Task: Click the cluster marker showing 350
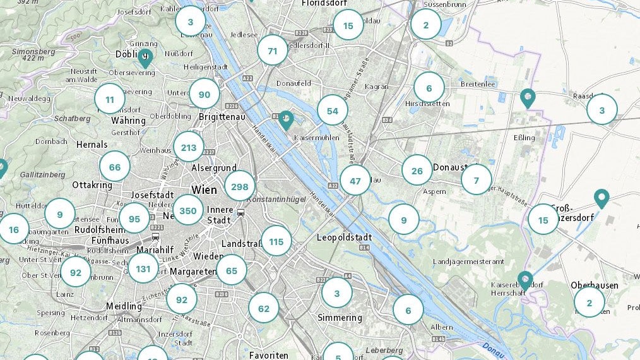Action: tap(188, 211)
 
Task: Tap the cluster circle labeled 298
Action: tap(240, 186)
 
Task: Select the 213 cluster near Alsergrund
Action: tap(189, 148)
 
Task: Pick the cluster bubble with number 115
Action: tap(276, 241)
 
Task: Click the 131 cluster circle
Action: tap(143, 268)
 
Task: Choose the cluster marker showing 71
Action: tap(273, 51)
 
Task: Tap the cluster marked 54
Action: tap(333, 111)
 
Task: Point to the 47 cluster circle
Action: tap(355, 181)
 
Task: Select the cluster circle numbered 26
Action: tap(417, 171)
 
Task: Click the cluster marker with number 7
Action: tap(477, 180)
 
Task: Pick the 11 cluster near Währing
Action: tap(110, 99)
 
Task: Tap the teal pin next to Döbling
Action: tap(145, 57)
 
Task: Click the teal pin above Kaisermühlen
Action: tap(287, 119)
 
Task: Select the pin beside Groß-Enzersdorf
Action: tap(602, 198)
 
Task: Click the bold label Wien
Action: tap(204, 189)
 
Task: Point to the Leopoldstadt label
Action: tap(343, 237)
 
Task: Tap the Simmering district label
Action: tap(340, 318)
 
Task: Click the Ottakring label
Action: tap(92, 185)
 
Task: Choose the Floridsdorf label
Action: tap(324, 3)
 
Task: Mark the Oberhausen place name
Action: tap(595, 285)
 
